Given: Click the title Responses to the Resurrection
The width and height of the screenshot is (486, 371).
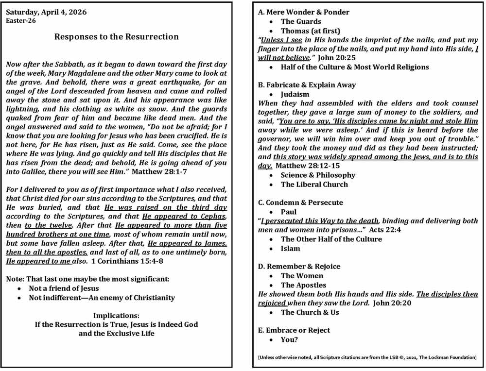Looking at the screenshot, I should point(116,36).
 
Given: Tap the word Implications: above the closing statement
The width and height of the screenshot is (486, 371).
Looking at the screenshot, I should point(116,315).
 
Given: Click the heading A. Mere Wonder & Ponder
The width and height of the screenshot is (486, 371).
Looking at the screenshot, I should point(303,12).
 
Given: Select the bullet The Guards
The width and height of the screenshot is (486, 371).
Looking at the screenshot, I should point(301,21).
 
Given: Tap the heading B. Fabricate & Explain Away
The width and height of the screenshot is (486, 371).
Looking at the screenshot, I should point(307,84).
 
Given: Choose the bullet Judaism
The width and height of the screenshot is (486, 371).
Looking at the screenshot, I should point(295,94).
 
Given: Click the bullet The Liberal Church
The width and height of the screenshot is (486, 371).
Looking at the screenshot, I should point(314,184).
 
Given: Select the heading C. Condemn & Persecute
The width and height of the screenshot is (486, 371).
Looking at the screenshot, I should point(300,202).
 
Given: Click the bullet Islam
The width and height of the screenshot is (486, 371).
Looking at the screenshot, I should point(290,248).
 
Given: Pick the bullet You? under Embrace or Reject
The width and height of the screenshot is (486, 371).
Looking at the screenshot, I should point(289,339).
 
